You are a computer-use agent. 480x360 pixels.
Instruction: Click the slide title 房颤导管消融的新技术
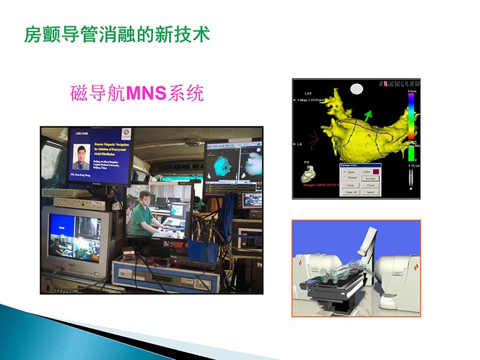(117, 34)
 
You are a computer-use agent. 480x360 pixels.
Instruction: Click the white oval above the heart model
(356, 89)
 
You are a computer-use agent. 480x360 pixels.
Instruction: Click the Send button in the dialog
(370, 192)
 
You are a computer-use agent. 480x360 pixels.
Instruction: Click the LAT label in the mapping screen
(308, 94)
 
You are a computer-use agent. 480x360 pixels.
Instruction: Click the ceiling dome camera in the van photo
(192, 143)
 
